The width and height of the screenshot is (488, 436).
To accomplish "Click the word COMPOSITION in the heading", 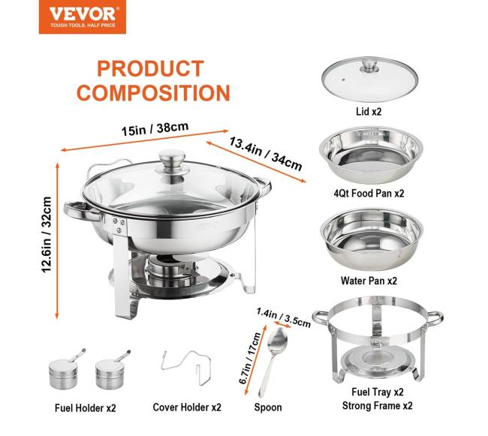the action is pos(153,92).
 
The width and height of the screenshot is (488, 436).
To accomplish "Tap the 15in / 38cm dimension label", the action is pos(155,129).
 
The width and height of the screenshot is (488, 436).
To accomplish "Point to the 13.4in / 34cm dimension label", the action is pos(266,154).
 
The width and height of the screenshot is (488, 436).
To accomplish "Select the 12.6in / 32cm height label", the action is pos(47,235).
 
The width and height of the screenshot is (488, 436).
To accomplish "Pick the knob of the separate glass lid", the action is pos(369,66).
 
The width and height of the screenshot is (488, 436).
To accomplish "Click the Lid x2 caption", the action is pos(369,111).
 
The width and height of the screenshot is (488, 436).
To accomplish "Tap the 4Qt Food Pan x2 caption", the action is pos(369,193).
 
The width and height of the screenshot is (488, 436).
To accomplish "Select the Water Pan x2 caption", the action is pos(369,281).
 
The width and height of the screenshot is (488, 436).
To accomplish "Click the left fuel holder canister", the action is pos(64,373).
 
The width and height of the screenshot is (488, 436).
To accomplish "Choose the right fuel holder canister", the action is pos(111,373).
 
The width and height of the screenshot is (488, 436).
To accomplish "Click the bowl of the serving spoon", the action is pos(277,340).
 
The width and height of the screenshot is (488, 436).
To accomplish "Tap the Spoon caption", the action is pos(268,407).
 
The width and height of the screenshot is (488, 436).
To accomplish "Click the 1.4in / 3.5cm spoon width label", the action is pos(284,317).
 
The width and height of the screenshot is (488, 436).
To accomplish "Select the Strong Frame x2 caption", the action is pos(377,405).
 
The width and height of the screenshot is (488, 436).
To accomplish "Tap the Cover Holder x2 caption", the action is pos(187,407).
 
